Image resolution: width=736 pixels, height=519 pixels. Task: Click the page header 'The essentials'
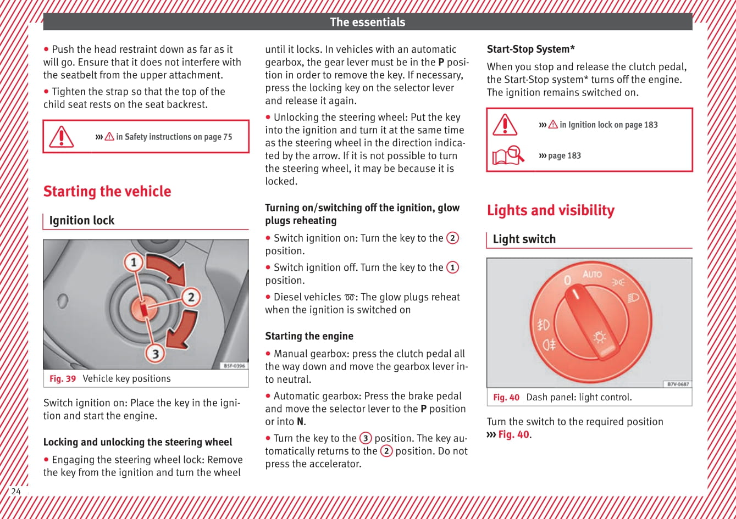coord(367,22)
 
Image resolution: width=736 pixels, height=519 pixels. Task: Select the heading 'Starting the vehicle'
coord(107,191)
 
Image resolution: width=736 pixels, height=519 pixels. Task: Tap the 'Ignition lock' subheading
coord(82,220)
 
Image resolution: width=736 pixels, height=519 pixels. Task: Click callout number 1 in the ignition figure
coord(133,261)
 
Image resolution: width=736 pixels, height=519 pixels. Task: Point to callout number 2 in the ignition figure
coord(191,298)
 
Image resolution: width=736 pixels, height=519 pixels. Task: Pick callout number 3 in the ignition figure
coord(156,353)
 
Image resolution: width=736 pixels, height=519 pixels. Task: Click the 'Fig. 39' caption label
coord(63,378)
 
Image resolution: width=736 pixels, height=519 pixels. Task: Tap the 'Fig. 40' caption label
coord(506,397)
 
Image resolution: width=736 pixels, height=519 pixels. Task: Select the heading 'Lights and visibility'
coord(551,210)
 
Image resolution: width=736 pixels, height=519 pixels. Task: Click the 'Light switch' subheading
coord(524,239)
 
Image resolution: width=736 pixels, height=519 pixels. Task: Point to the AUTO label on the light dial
coord(592,274)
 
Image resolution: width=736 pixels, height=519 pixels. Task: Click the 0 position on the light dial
coord(567,280)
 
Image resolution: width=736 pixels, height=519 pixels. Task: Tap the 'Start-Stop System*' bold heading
coord(531,49)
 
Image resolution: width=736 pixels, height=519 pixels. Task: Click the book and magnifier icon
coord(508,156)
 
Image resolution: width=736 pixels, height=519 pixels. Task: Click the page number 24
coord(16,491)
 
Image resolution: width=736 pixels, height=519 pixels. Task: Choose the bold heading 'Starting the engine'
coord(309,336)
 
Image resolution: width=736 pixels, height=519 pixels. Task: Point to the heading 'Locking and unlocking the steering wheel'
coord(137,442)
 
